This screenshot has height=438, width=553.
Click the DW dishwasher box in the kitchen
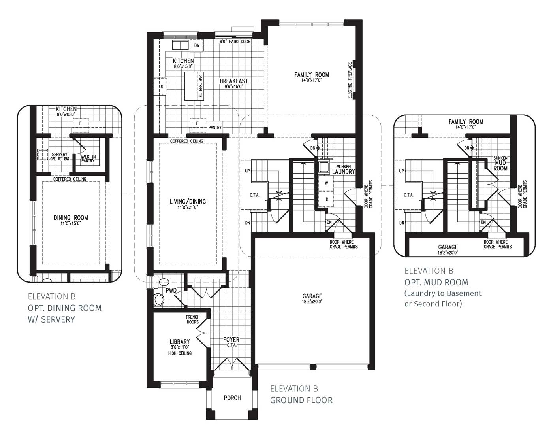click(x=197, y=46)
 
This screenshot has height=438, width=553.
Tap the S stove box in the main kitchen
click(x=161, y=87)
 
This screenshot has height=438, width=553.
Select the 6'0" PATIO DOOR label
click(x=235, y=42)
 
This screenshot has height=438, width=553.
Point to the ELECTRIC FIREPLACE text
click(x=350, y=80)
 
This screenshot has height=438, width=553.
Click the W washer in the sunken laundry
click(x=326, y=183)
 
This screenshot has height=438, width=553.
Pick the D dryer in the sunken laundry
click(x=327, y=199)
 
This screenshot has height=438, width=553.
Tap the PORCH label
click(x=232, y=398)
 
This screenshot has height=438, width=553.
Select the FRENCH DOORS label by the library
click(x=193, y=319)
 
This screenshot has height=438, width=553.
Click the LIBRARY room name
click(x=180, y=342)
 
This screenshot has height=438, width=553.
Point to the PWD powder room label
click(x=171, y=291)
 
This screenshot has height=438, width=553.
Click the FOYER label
click(x=231, y=340)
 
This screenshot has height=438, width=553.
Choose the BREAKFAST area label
click(x=234, y=81)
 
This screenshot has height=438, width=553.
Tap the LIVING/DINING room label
click(x=188, y=202)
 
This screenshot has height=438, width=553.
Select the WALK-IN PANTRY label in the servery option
click(x=88, y=159)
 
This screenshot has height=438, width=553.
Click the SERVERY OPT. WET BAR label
click(x=60, y=157)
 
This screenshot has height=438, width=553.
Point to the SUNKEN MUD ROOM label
click(x=500, y=163)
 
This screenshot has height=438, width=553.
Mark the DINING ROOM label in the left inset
click(x=71, y=218)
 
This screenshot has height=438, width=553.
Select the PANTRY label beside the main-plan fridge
click(x=215, y=128)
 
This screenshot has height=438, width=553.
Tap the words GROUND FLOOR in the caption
click(x=301, y=400)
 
